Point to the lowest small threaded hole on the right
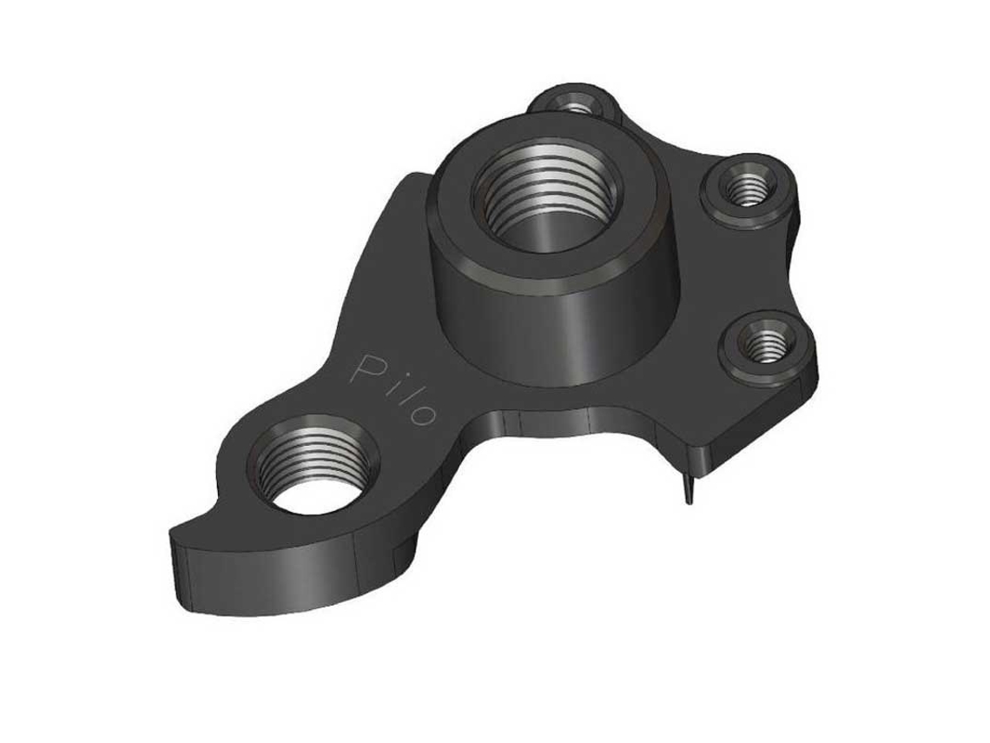[766, 344]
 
